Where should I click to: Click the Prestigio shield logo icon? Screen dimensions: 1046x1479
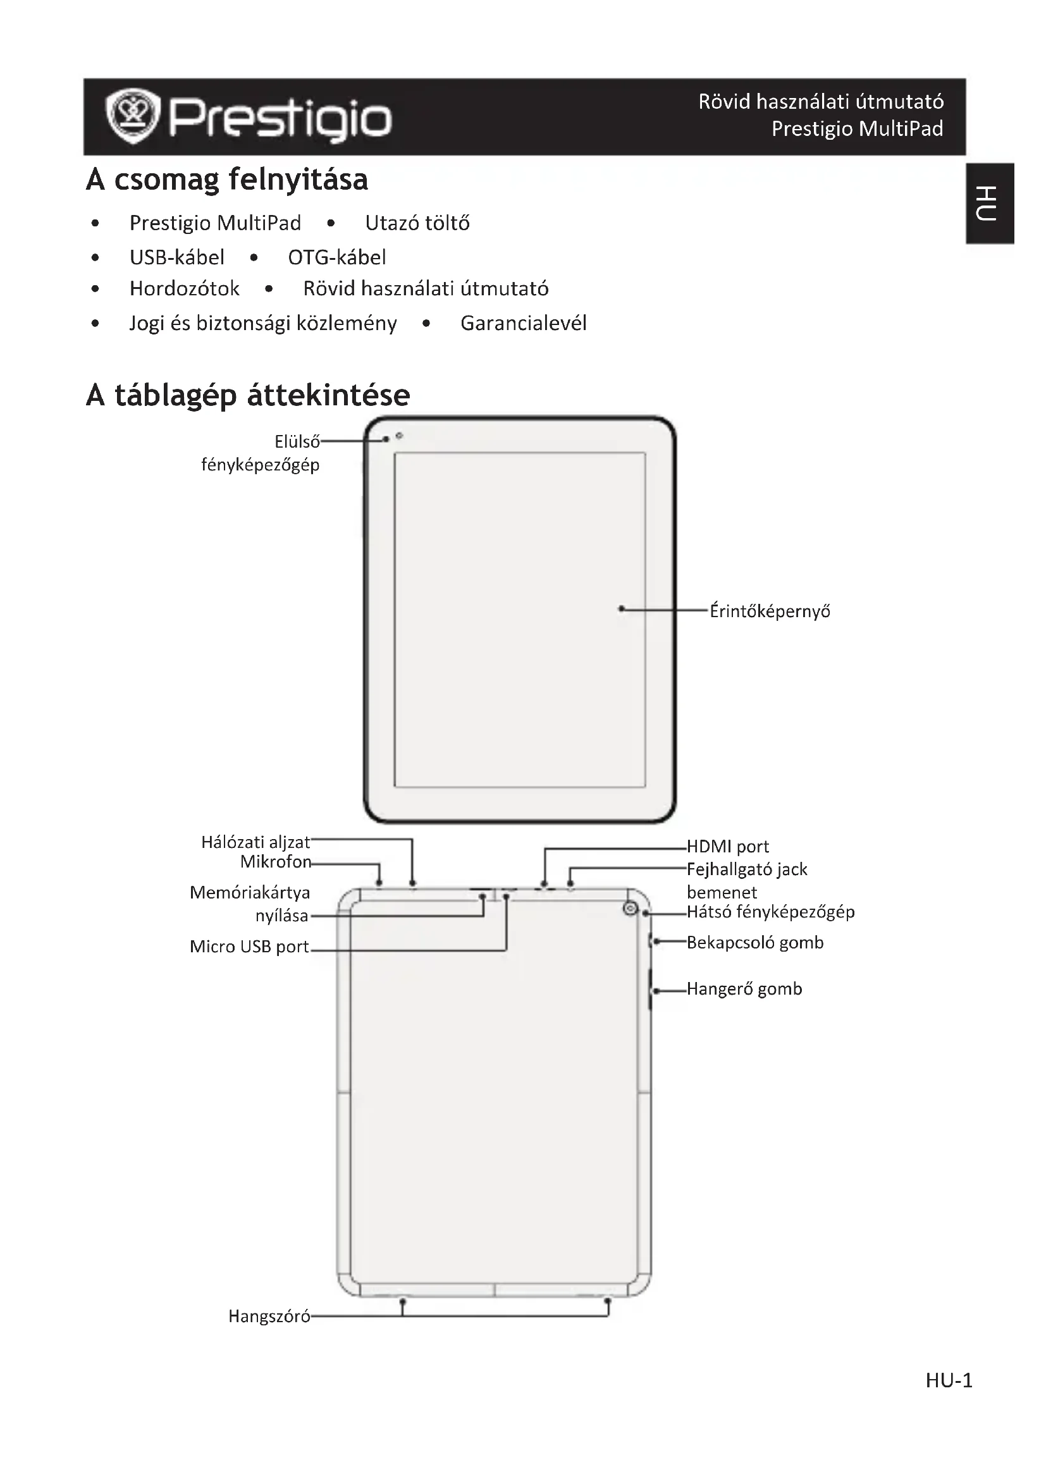[x=133, y=116]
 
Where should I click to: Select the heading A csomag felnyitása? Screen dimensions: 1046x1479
[x=227, y=180]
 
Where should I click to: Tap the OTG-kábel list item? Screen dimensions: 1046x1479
[x=337, y=257]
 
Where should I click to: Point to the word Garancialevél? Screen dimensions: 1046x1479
[x=523, y=322]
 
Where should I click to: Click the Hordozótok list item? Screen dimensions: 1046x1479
[x=184, y=288]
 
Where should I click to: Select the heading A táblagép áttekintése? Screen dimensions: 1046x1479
[x=248, y=395]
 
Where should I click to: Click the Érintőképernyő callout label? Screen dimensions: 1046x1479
[x=770, y=611]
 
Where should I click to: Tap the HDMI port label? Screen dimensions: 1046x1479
[x=727, y=847]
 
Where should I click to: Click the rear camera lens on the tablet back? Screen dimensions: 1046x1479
[x=631, y=909]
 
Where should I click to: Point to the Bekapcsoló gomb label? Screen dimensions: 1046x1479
[x=755, y=942]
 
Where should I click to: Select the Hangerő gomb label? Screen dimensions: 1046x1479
[x=744, y=989]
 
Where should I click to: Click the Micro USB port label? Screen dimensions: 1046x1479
[x=249, y=947]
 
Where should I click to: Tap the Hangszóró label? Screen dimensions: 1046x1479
[x=269, y=1316]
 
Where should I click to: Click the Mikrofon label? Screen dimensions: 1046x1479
[x=276, y=862]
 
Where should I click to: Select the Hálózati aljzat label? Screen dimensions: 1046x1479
[x=255, y=842]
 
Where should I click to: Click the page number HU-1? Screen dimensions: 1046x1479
[x=949, y=1380]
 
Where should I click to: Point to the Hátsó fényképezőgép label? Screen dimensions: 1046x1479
[x=770, y=912]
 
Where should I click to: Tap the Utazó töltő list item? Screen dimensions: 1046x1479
[x=417, y=223]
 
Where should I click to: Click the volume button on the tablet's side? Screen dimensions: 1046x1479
[x=650, y=989]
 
